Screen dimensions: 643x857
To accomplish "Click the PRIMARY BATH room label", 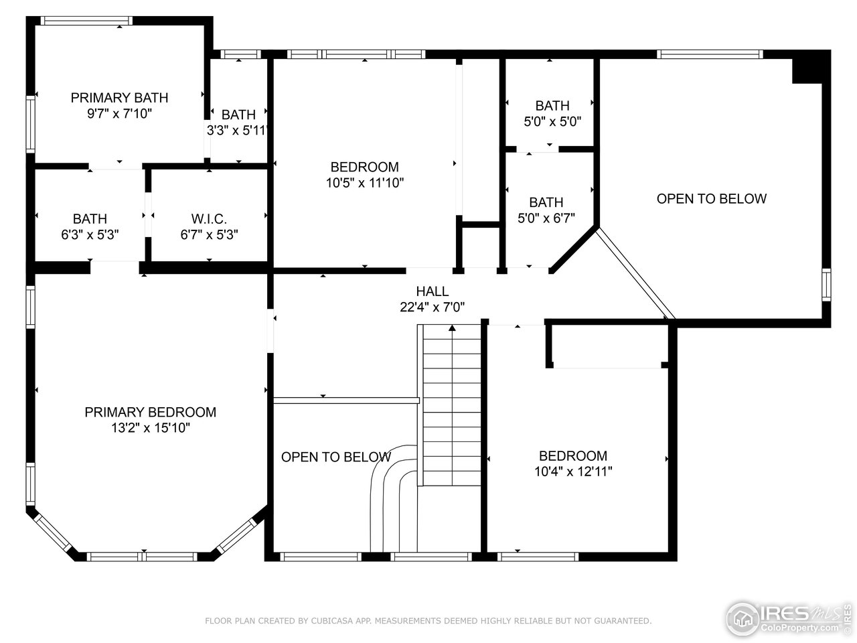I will coord(119,98).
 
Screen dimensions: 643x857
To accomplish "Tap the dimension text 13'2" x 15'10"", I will coord(151,429).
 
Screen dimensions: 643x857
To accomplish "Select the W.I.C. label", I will coord(209,219).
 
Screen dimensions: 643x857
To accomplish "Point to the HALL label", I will coord(432,291).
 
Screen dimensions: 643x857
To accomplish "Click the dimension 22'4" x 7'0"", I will coord(432,307).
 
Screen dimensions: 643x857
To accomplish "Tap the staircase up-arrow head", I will coord(453,328).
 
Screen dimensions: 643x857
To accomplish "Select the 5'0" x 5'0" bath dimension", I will coord(552,122).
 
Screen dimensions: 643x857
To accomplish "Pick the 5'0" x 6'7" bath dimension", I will coord(546,218).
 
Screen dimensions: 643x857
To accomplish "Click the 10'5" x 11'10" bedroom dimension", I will coord(364,183).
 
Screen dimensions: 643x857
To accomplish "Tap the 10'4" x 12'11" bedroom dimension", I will coord(573,472).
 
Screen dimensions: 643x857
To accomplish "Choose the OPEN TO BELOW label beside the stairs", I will coord(335,457).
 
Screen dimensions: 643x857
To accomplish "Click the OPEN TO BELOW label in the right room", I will coord(711,199).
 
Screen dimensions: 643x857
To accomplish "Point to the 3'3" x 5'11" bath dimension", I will coord(238,131).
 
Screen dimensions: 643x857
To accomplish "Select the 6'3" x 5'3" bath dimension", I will coord(90,235).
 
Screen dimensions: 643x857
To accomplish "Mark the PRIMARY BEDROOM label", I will coord(151,413).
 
